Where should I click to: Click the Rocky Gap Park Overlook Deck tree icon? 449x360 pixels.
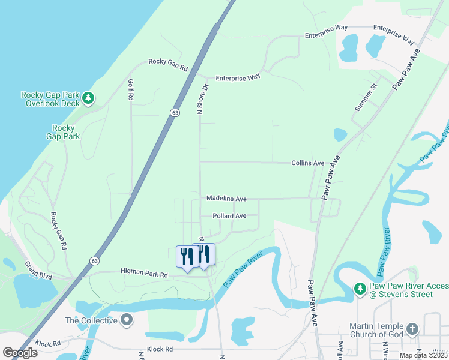tap(88, 97)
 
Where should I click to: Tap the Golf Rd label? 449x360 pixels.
tap(130, 89)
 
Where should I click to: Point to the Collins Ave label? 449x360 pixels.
tap(307, 163)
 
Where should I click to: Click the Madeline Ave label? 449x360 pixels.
tap(226, 198)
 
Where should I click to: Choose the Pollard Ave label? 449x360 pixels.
tap(229, 216)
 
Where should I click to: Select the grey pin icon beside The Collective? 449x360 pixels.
tap(126, 319)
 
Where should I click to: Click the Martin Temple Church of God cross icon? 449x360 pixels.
tap(412, 329)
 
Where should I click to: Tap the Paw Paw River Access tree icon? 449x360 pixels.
tap(360, 289)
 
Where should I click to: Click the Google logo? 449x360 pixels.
tap(20, 353)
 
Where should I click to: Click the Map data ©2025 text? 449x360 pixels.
tap(423, 355)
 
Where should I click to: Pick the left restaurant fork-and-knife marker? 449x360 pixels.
tap(186, 256)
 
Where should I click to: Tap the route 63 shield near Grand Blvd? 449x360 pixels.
tap(95, 260)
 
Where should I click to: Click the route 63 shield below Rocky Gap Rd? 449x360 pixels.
tap(174, 113)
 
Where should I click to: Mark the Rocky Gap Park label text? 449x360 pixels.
tap(64, 132)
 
